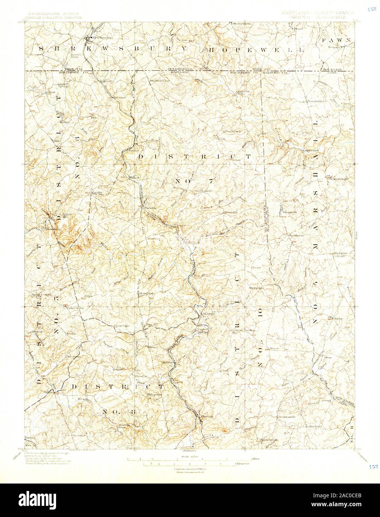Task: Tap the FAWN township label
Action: (337, 40)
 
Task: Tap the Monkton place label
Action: (208, 314)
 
